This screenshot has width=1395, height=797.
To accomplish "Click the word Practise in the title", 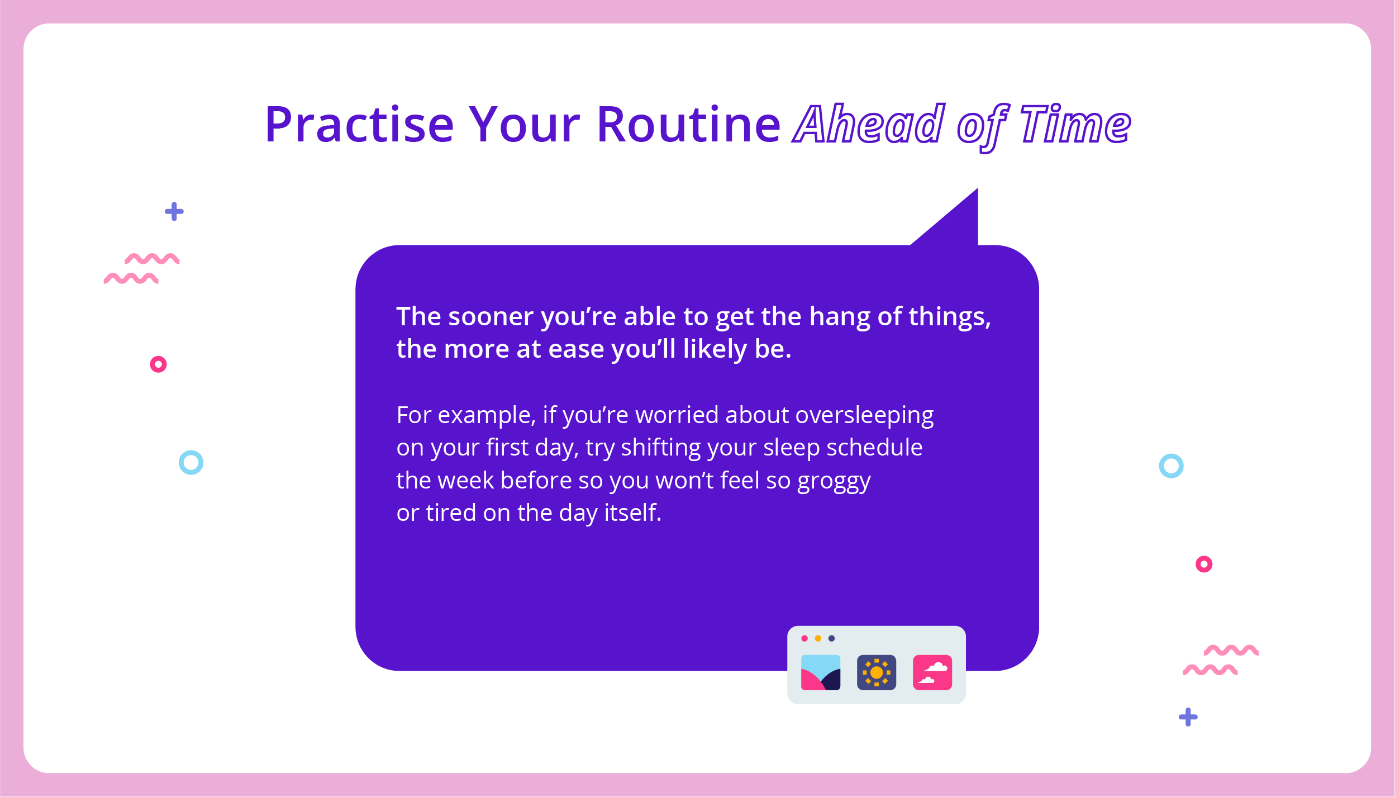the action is coord(360,124).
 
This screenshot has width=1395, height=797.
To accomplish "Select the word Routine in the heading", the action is coord(689,124).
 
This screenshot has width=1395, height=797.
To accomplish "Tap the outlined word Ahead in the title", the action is coord(870,124).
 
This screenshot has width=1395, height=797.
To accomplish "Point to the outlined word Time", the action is coord(1075,124).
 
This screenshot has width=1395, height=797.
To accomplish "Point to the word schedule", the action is coord(874,448).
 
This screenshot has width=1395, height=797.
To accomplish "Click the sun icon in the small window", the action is coord(877,672).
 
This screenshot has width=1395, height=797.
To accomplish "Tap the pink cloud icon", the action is coord(932,672).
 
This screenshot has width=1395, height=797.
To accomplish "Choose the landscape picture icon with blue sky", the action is coord(821,672).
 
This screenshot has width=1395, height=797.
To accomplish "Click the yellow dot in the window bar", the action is coord(818,638).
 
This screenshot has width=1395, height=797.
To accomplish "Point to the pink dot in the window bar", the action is coord(804,638).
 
